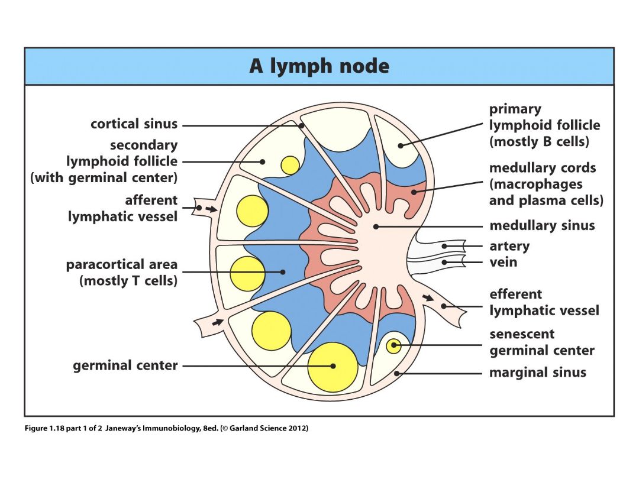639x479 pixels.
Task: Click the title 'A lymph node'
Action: pyautogui.click(x=319, y=66)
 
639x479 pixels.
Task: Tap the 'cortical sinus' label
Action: pyautogui.click(x=134, y=124)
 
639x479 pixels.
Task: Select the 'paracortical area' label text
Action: pyautogui.click(x=122, y=265)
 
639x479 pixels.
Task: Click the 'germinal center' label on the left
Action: pyautogui.click(x=125, y=365)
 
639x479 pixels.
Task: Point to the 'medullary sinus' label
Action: pyautogui.click(x=542, y=225)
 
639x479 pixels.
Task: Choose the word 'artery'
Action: pyautogui.click(x=509, y=247)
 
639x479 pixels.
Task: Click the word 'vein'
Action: pyautogui.click(x=504, y=262)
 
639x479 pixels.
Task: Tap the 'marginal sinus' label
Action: pyautogui.click(x=537, y=373)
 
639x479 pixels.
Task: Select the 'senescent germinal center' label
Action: pyautogui.click(x=542, y=342)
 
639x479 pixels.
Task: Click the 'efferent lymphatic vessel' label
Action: pyautogui.click(x=544, y=302)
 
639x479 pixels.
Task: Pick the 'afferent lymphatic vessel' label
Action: pyautogui.click(x=122, y=208)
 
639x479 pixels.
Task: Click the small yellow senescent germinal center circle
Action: pyautogui.click(x=393, y=346)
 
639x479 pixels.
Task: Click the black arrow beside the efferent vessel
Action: pyautogui.click(x=428, y=297)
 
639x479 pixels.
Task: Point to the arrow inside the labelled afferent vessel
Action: pyautogui.click(x=211, y=209)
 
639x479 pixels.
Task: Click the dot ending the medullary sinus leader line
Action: pyautogui.click(x=376, y=226)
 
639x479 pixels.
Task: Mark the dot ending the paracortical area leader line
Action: pyautogui.click(x=283, y=271)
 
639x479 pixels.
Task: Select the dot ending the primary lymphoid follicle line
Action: pyautogui.click(x=401, y=145)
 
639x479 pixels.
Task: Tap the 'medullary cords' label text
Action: pyautogui.click(x=543, y=168)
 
